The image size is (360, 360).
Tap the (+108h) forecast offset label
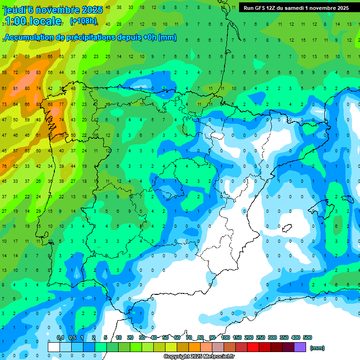click(x=83, y=21)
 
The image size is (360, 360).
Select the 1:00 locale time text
click(x=33, y=21)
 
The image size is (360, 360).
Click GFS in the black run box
click(x=263, y=8)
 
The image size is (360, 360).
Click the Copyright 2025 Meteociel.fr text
click(x=199, y=357)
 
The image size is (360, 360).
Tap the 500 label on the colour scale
click(x=307, y=337)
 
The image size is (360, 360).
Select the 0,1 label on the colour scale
click(x=60, y=337)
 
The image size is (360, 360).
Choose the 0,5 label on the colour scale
click(x=72, y=337)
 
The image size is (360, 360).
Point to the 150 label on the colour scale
click(x=237, y=337)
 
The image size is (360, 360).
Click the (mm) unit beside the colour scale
click(x=317, y=348)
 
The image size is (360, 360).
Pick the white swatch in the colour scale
click(x=54, y=347)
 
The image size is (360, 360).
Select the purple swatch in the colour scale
click(x=300, y=347)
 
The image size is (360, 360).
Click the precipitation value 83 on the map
click(x=38, y=104)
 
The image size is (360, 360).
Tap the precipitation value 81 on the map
click(x=15, y=88)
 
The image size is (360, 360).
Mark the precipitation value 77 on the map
click(x=61, y=104)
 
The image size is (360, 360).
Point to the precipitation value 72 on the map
click(x=15, y=73)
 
